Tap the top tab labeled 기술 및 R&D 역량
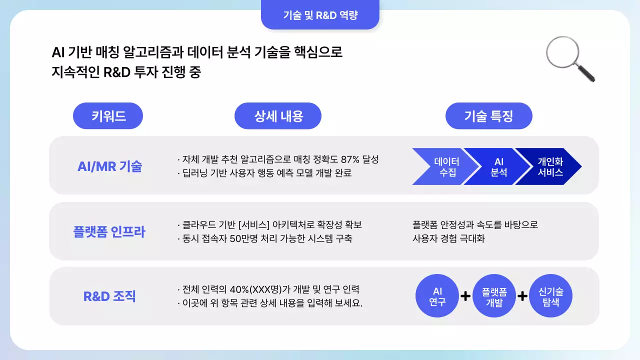(320, 15)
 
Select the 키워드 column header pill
(108, 116)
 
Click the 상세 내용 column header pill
(278, 116)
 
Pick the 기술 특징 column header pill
(488, 116)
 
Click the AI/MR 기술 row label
(110, 166)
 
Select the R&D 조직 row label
(109, 296)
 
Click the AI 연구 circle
(437, 296)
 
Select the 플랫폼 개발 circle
(494, 296)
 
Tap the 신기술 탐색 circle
(550, 296)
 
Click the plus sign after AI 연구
(465, 296)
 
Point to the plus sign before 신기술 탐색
(522, 296)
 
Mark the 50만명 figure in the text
(245, 238)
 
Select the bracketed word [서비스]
(255, 225)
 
